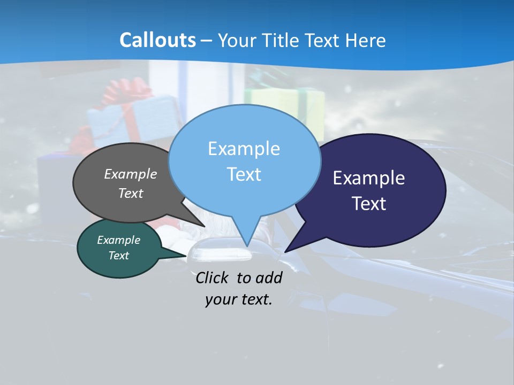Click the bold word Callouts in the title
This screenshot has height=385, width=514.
[157, 40]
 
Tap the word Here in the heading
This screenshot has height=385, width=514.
[366, 40]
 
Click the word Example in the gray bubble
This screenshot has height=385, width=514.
[131, 174]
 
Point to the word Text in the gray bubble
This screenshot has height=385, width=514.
[131, 193]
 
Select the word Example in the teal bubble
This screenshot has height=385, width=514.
[118, 240]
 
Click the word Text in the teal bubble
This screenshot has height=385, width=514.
[118, 256]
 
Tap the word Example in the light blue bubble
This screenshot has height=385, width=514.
[244, 149]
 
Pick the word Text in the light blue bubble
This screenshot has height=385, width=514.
[244, 174]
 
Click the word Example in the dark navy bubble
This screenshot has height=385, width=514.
[368, 178]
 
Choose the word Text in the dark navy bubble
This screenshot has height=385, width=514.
[368, 204]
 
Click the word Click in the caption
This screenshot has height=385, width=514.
[213, 278]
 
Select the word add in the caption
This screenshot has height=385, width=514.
[269, 278]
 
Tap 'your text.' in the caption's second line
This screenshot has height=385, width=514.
[238, 299]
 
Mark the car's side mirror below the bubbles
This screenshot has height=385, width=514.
[220, 251]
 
